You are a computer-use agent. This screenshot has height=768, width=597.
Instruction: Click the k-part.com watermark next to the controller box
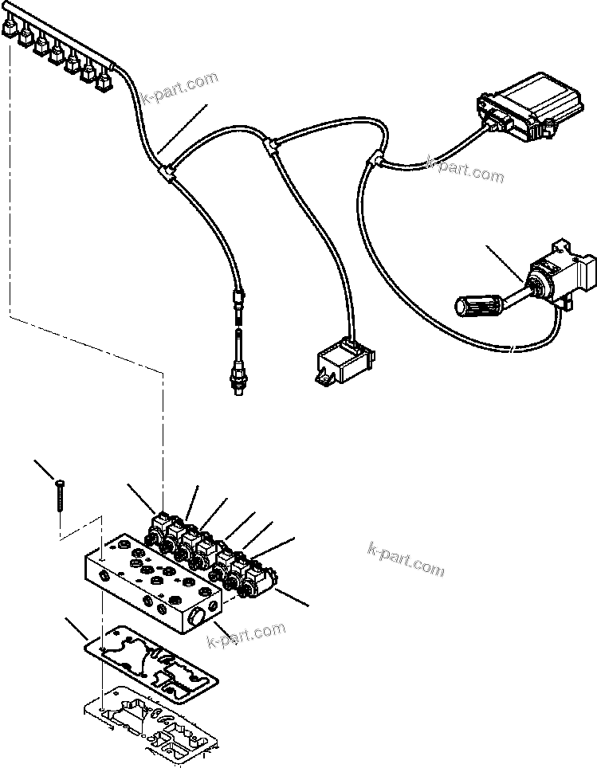pyautogui.click(x=465, y=169)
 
